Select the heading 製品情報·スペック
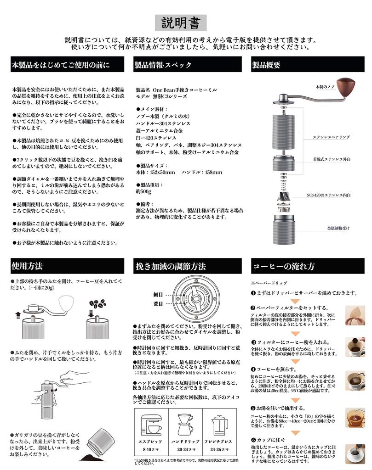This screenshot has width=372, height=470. (x=163, y=65)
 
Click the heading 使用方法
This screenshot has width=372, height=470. (x=28, y=266)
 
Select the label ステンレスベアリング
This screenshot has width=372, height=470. (x=332, y=137)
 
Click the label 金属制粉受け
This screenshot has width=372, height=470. (x=338, y=227)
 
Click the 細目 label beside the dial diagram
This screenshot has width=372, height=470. (x=158, y=294)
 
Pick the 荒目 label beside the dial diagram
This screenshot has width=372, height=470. (x=158, y=304)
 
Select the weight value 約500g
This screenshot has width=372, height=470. (x=144, y=190)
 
